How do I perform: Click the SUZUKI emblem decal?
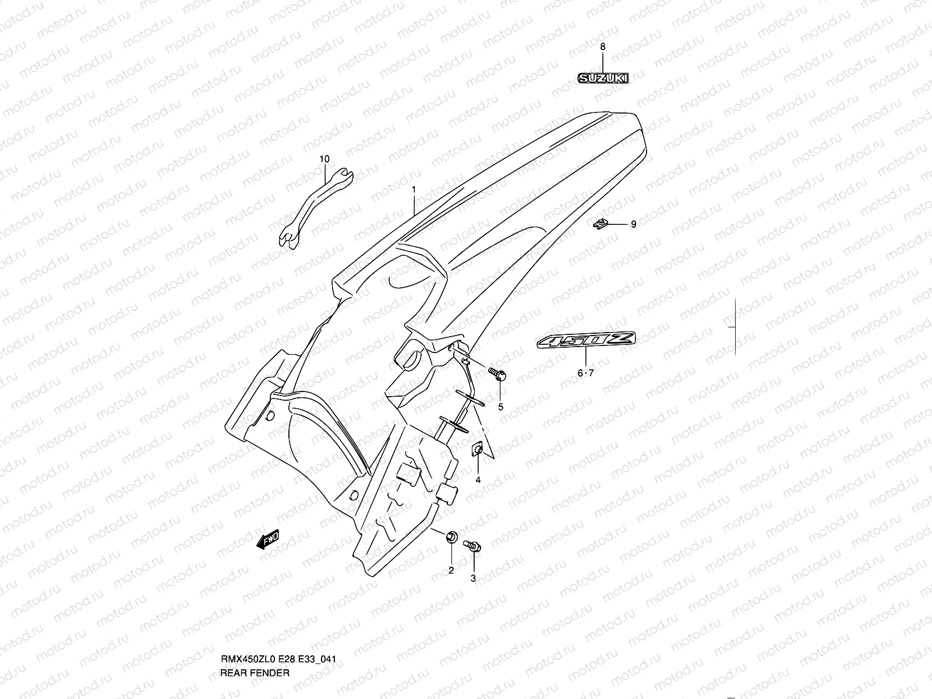click(x=603, y=77)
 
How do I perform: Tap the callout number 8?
click(x=603, y=46)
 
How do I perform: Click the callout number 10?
click(x=324, y=158)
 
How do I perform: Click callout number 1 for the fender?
click(x=414, y=189)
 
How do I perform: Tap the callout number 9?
click(x=634, y=224)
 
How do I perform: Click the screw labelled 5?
click(x=497, y=373)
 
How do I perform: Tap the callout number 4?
click(x=478, y=480)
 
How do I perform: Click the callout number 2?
click(x=451, y=570)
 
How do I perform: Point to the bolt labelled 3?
click(x=472, y=546)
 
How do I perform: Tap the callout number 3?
click(x=473, y=578)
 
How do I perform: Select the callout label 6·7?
click(x=585, y=373)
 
